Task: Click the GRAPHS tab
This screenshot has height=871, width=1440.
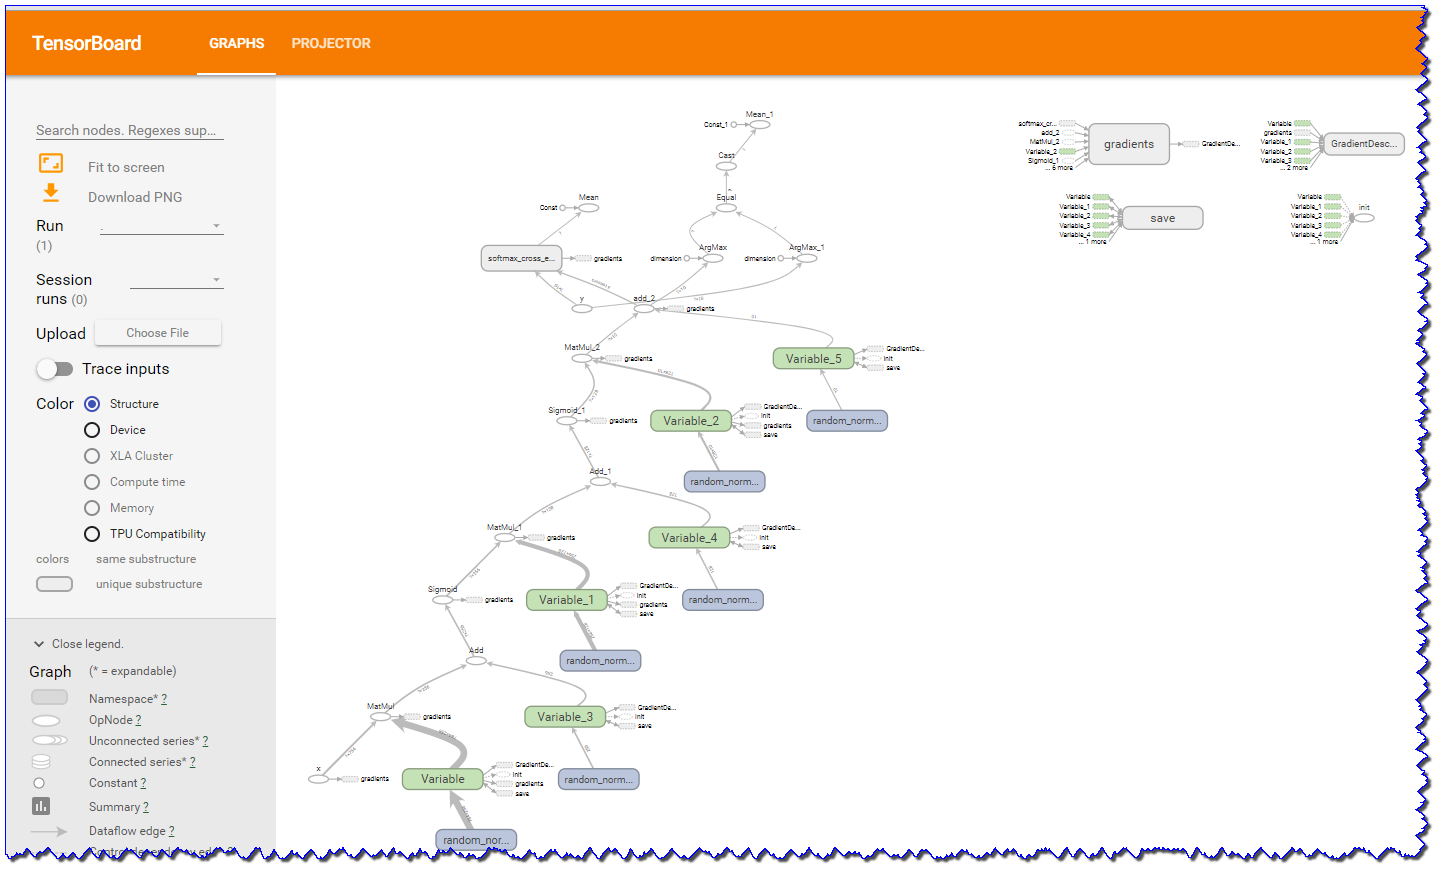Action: coord(236,43)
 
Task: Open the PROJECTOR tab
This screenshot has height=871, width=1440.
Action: coord(331,43)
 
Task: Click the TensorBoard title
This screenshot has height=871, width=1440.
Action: coord(87,43)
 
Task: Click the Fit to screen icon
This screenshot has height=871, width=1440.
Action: coord(51,163)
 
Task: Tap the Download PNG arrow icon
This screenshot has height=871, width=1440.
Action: coord(51,193)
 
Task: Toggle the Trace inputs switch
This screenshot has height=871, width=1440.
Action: coord(55,369)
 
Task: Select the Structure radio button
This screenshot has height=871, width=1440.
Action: coord(92,404)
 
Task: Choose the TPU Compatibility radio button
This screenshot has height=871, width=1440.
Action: coord(92,534)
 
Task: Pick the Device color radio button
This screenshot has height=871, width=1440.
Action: coord(92,430)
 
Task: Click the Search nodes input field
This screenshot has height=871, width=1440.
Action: coord(129,130)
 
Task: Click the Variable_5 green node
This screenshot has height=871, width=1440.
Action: coord(813,359)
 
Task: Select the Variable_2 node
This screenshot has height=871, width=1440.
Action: coord(690,421)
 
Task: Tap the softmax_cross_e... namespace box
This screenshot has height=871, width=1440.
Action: coord(520,258)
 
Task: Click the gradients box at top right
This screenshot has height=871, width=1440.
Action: coord(1129,144)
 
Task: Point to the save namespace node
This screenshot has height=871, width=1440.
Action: coord(1162,218)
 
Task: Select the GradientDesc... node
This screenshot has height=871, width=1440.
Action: coord(1364,144)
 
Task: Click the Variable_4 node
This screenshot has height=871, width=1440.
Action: coord(688,538)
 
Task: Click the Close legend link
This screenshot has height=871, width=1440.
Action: coord(87,644)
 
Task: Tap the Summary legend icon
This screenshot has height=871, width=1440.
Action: coord(41,806)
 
